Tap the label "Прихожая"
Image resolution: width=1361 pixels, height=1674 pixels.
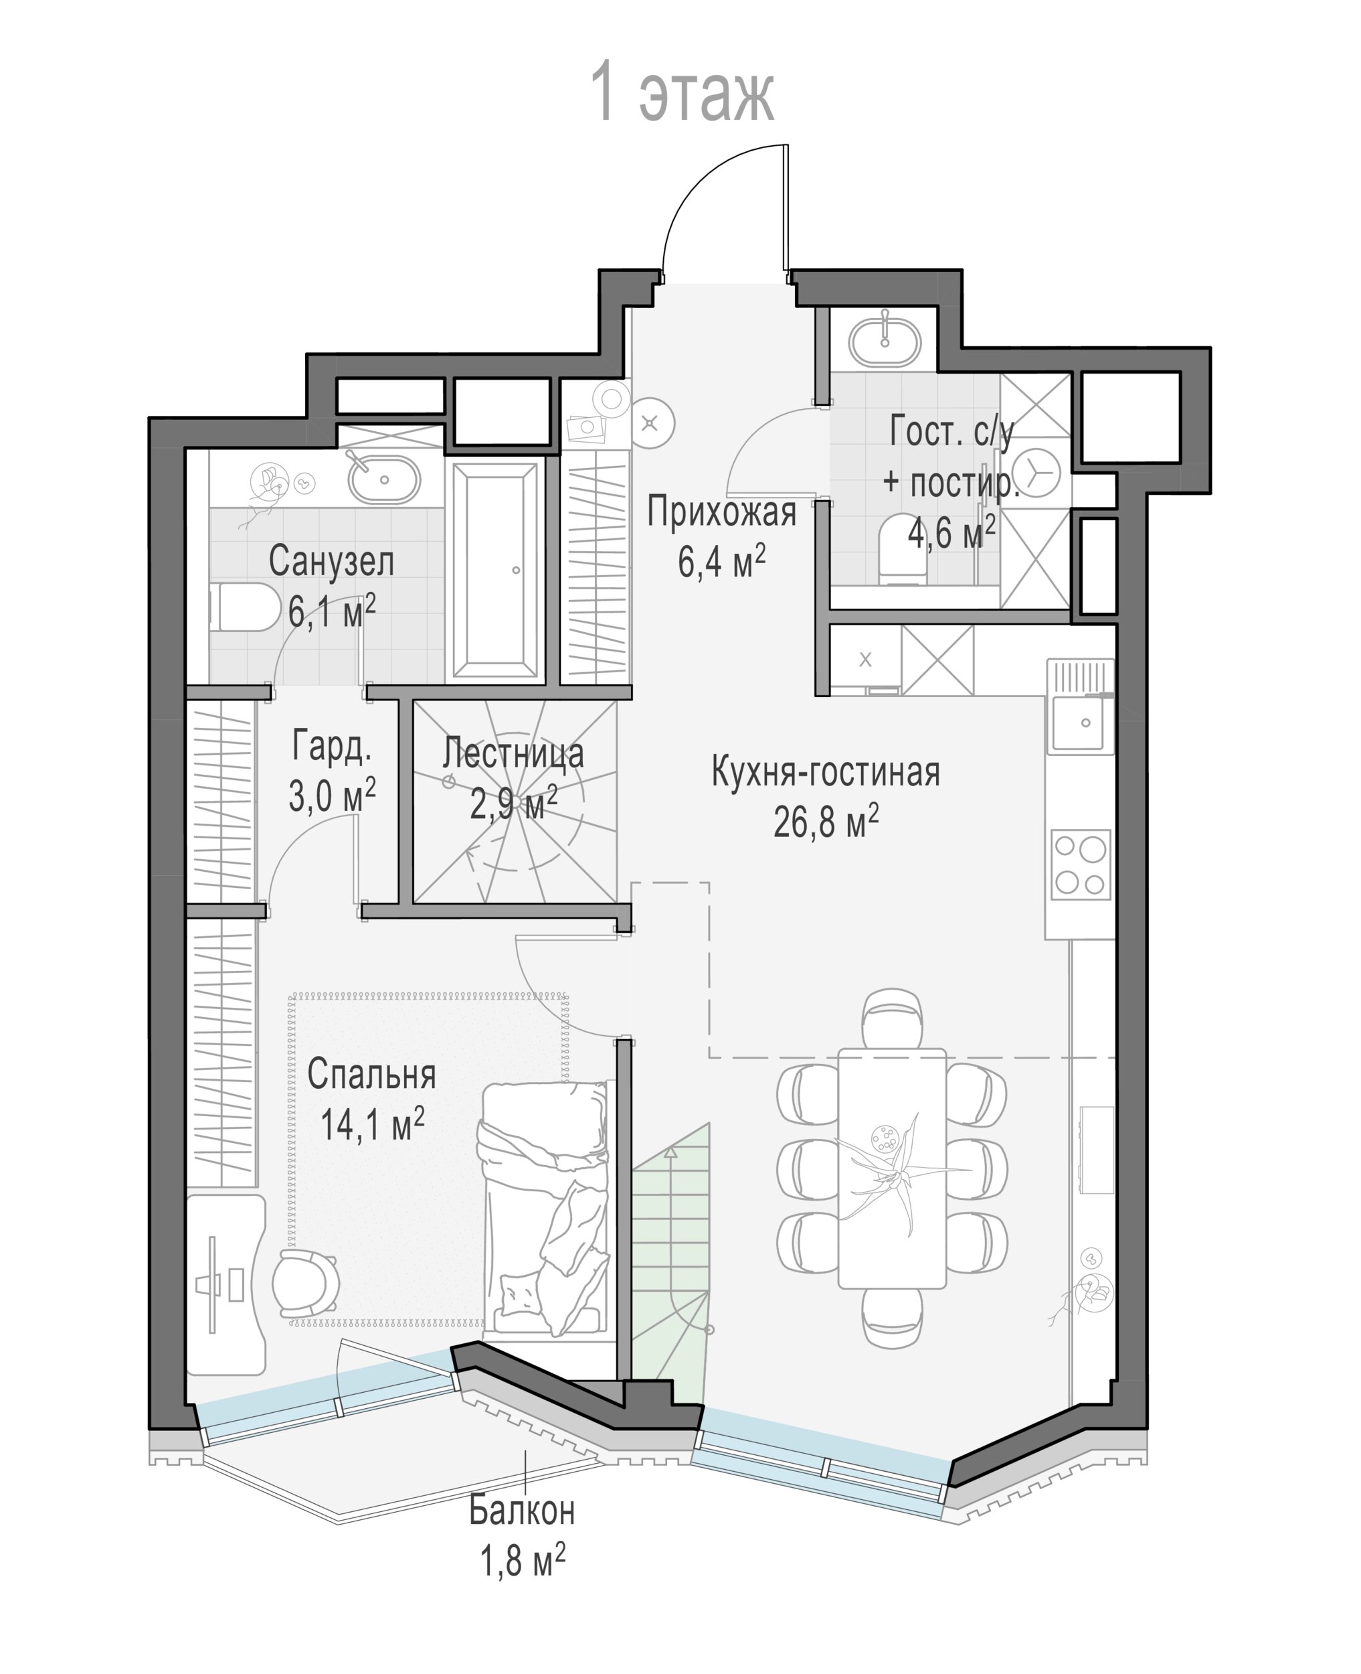point(721,513)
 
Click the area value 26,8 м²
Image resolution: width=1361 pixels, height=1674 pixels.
point(826,822)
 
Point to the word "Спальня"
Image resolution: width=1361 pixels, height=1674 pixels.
point(371,1074)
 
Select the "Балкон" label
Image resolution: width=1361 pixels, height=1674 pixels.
point(522,1510)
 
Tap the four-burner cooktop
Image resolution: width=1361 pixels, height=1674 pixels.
point(1081,864)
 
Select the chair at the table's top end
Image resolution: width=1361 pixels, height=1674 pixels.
point(892,1019)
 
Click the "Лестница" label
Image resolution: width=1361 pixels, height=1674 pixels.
point(513,753)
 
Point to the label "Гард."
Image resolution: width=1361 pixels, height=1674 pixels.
point(332,745)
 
